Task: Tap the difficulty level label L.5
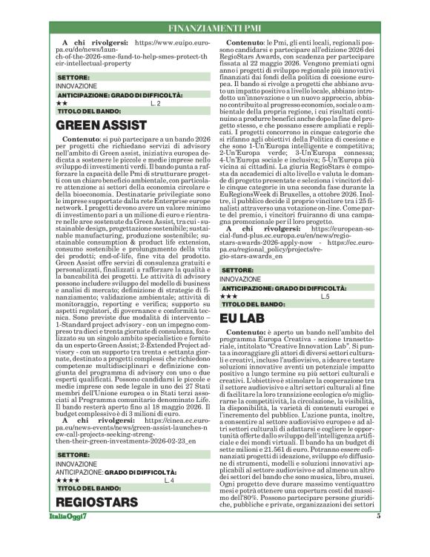[325, 296]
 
